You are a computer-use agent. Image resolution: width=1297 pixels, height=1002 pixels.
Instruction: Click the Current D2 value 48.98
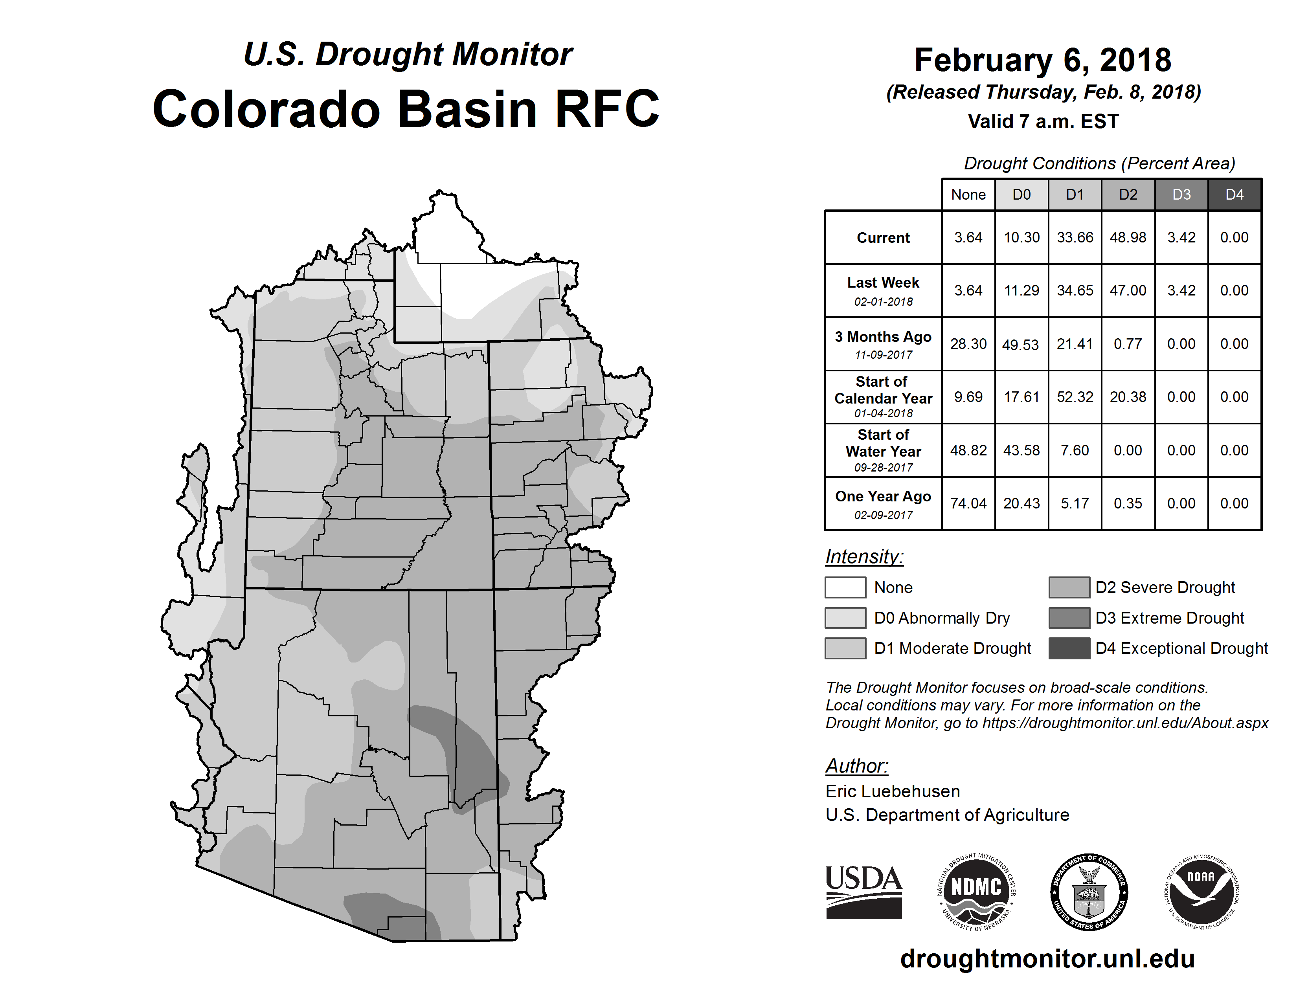coord(1128,237)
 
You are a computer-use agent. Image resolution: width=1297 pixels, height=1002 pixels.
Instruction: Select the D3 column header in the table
coord(1181,195)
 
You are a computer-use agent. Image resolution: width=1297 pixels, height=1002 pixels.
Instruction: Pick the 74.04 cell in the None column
coord(968,503)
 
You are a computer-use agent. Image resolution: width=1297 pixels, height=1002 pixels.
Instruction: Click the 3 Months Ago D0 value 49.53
coord(1021,344)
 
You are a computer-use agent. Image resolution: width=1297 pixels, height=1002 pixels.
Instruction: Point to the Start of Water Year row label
coord(883,451)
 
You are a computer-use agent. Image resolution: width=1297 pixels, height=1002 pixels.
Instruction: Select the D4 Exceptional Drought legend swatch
coord(1069,648)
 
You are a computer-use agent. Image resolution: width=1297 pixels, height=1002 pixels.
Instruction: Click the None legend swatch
coord(845,587)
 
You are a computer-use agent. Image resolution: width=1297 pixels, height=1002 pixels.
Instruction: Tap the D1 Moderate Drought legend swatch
coord(845,648)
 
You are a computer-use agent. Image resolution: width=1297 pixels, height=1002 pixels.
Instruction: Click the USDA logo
coord(863,892)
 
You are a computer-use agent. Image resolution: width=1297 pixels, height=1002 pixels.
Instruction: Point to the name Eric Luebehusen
coord(893,791)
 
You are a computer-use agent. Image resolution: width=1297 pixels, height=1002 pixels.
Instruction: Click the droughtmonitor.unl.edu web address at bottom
coord(1047,959)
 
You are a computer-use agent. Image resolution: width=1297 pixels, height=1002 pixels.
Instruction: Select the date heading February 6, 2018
coord(1043,60)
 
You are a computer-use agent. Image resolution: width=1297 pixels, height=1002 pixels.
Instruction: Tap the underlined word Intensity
coord(864,557)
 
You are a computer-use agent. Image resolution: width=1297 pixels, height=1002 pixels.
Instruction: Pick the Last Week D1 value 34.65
coord(1075,291)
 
